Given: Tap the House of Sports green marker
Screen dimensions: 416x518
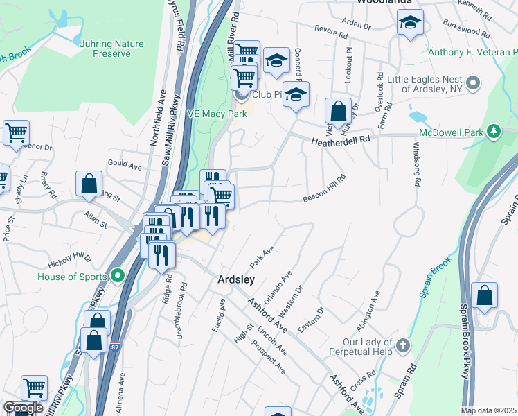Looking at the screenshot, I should [118, 275].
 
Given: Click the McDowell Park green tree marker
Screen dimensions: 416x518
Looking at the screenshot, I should [493, 131].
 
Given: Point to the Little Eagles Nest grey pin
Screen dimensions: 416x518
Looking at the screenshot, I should [473, 84].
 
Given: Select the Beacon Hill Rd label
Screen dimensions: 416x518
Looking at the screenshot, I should [323, 198].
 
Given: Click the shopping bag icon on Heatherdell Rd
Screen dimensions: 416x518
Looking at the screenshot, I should [338, 112].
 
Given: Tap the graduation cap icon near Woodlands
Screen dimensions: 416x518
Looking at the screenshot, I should [410, 24].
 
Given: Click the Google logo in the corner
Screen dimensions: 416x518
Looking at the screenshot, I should [23, 408].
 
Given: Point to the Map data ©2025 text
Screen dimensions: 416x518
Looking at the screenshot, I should [488, 410].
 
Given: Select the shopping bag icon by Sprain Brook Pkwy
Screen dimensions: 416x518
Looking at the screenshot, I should [484, 295].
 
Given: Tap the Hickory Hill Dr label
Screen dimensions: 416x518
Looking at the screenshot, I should [69, 261].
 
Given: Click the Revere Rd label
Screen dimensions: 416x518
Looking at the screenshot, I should [330, 33].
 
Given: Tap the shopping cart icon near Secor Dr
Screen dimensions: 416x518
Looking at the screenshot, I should [16, 132].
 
